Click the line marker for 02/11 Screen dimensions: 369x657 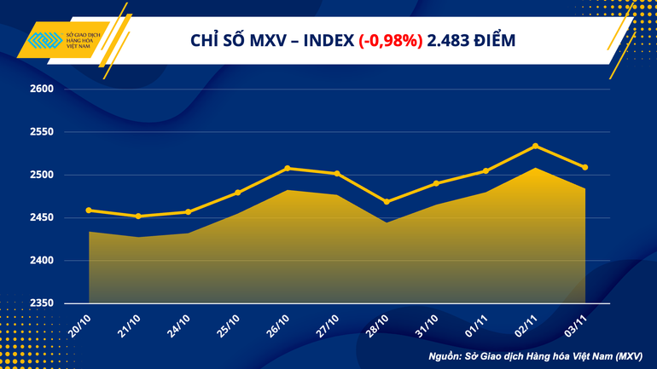coord(535,146)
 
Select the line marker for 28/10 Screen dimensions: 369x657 coord(387,202)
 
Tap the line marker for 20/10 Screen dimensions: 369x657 coord(89,210)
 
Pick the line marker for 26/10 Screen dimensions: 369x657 coord(288,168)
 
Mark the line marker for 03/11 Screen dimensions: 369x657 coord(584,167)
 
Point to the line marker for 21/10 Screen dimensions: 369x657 coord(138,216)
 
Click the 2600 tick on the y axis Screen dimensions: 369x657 coord(42,89)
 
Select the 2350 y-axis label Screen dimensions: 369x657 coord(42,303)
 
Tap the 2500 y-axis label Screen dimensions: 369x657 coord(42,175)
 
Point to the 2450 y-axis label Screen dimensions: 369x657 coord(42,218)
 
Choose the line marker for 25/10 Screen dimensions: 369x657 coord(238,193)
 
